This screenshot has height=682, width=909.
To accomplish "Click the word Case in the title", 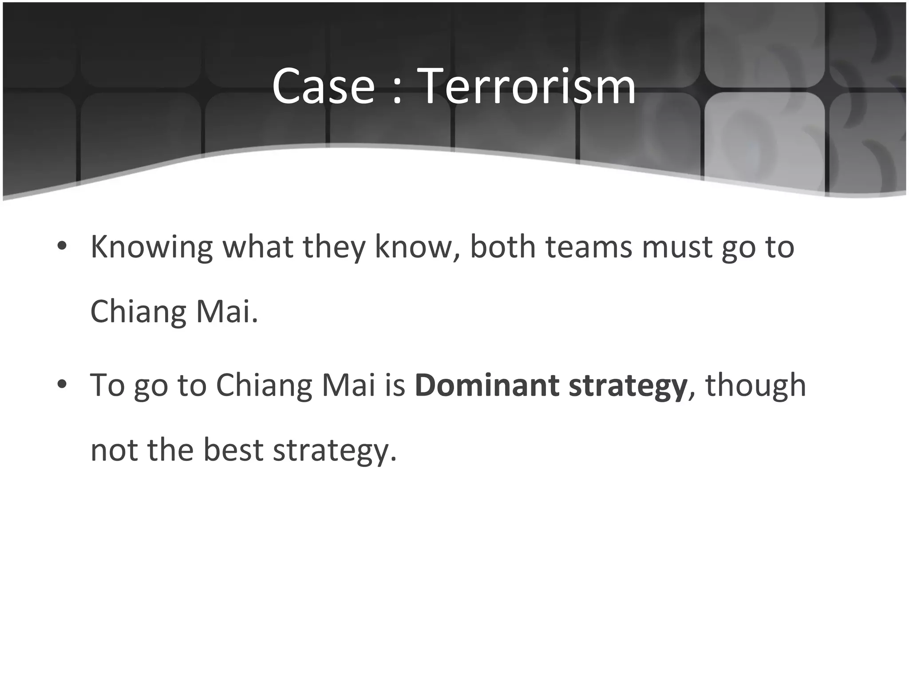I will coord(323,87).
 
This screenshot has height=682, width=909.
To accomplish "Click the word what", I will coord(257,247).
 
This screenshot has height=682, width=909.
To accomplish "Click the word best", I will coord(233,450).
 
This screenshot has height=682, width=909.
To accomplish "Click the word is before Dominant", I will coord(395,385).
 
